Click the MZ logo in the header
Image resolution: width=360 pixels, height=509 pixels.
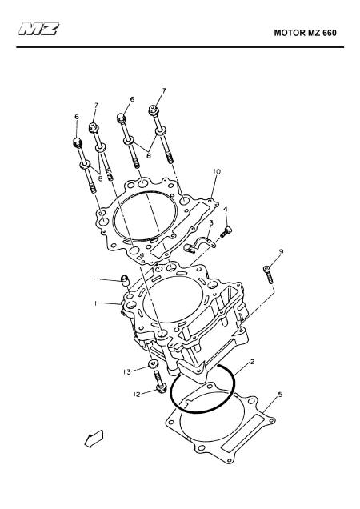point(38,30)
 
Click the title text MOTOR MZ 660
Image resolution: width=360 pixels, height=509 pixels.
point(305,33)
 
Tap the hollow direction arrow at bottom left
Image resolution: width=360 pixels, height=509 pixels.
point(94,439)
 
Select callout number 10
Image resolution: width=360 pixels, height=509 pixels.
point(217,171)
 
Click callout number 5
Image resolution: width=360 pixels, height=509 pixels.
point(280,395)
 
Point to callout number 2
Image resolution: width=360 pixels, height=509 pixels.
point(252,362)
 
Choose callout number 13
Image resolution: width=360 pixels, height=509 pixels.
point(127,372)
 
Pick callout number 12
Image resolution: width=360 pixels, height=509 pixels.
point(137,395)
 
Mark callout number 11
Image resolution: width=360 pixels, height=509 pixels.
point(96,279)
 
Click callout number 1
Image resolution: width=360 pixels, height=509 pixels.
point(96,303)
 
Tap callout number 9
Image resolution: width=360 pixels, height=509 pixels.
point(281,251)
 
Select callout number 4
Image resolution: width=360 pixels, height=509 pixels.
point(226,210)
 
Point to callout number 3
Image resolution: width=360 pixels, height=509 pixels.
point(211,223)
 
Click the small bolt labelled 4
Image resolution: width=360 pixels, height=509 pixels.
point(226,232)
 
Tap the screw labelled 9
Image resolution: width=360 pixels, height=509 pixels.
point(269,275)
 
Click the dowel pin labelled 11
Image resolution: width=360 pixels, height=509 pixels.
point(125,279)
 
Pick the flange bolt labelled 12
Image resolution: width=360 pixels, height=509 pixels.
point(160,383)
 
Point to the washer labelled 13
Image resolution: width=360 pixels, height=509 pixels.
point(152,363)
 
